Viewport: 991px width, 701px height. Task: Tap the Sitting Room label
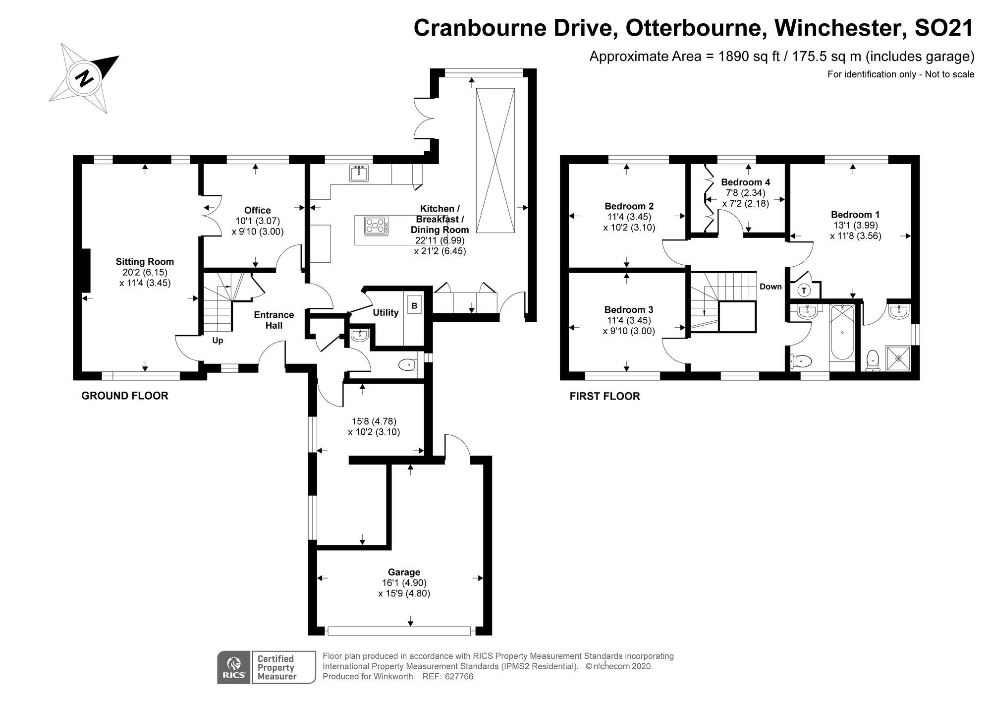click(x=145, y=262)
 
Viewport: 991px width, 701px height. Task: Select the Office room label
click(x=257, y=210)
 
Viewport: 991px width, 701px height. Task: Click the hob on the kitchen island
click(x=376, y=226)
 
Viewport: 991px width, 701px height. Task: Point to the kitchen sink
click(x=359, y=174)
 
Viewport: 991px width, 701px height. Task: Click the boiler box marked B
click(x=414, y=306)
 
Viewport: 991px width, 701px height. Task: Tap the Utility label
click(x=385, y=312)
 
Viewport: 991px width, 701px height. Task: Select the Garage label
click(x=404, y=572)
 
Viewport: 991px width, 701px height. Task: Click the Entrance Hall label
click(x=274, y=320)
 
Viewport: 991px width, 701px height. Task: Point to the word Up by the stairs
click(x=218, y=341)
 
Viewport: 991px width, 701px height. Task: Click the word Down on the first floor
click(x=771, y=287)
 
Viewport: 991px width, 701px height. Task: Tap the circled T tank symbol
click(x=804, y=291)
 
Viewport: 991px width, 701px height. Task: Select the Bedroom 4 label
click(x=745, y=182)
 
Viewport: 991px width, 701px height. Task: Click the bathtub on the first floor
click(x=842, y=332)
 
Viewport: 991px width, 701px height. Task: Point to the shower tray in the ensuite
click(x=898, y=358)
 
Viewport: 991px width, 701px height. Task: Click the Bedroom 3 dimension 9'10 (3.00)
click(x=629, y=331)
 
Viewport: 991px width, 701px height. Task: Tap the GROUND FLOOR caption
click(x=125, y=396)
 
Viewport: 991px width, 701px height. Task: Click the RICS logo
click(x=234, y=667)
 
